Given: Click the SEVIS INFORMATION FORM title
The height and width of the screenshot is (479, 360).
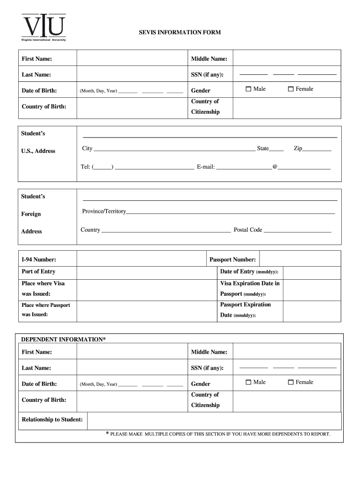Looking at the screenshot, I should click(x=180, y=33).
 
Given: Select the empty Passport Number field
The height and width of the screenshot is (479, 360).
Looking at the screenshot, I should click(x=300, y=259).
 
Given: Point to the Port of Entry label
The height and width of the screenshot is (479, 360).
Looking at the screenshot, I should click(x=38, y=271).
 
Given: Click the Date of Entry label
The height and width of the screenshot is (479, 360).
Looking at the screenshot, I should click(x=249, y=272).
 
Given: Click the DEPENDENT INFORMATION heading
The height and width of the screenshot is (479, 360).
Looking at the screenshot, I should click(x=64, y=339).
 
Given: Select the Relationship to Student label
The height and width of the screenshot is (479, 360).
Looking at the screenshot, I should click(x=52, y=419).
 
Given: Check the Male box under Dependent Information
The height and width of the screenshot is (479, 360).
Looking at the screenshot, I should click(x=249, y=383).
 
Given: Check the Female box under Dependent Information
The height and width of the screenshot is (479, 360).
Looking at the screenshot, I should click(x=290, y=383).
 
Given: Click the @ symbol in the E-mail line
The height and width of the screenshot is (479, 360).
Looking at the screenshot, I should click(x=275, y=166).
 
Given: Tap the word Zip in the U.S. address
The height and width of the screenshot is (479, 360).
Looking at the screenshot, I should click(x=298, y=148).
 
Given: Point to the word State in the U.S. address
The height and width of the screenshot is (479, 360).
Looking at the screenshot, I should click(x=263, y=148).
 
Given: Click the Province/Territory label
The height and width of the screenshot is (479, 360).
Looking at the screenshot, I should click(x=104, y=211).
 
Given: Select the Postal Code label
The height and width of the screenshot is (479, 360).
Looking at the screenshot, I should click(x=248, y=230).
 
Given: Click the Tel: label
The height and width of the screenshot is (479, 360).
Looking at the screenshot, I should click(x=86, y=166).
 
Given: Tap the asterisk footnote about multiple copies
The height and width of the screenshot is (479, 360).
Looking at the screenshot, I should click(x=218, y=434).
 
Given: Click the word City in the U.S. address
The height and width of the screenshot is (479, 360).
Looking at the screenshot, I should click(x=87, y=148).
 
